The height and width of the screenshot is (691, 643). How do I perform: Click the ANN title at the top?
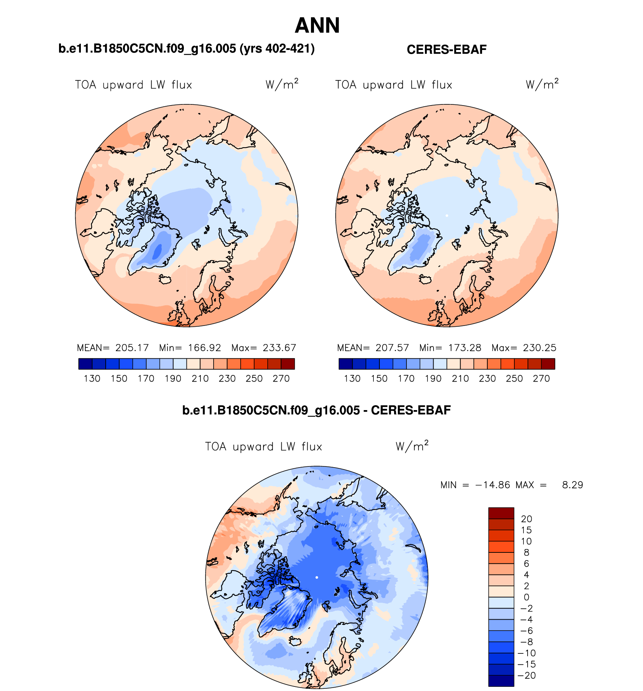coord(317,26)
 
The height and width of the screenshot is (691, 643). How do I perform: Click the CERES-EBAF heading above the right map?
coord(446,50)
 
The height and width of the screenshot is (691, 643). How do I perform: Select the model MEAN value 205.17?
coord(132,348)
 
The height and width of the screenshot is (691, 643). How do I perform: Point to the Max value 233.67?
coord(279,348)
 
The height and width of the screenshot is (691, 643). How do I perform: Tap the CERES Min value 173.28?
coord(465,348)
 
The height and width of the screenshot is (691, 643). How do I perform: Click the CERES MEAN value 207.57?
coord(392,348)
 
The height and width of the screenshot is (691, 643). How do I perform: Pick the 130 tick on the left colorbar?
coord(92,379)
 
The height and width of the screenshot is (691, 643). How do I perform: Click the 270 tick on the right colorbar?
coord(541,379)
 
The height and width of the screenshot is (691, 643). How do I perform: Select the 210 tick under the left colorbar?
coord(200,379)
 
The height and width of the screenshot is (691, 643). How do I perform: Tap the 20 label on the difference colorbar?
coord(526,519)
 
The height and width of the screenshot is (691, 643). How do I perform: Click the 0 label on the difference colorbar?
coord(526,597)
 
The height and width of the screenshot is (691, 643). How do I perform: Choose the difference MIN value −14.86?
coord(493,485)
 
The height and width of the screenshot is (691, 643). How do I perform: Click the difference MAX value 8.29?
coord(572,485)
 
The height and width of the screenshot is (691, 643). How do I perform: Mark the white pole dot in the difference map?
coord(317,577)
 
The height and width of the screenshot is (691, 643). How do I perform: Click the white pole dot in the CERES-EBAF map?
coord(447,216)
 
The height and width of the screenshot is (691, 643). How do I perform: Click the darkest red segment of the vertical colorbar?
coord(501,513)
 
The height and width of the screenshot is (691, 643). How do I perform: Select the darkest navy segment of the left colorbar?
coord(85,364)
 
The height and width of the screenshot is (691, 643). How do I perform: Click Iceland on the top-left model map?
coord(165,279)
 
